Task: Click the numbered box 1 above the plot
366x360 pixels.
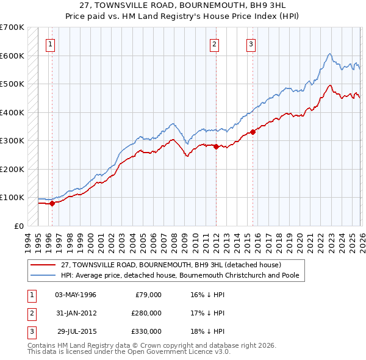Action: coord(50,43)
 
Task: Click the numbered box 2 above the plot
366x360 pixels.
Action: coord(215,43)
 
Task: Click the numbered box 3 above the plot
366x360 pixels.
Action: coord(251,43)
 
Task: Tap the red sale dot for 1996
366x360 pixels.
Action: coord(52,204)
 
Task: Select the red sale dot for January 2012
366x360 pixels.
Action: coord(215,146)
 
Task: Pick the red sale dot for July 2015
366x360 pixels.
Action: coord(253,132)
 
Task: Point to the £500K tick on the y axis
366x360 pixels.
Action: coord(12,84)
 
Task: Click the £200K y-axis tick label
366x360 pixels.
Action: coord(12,169)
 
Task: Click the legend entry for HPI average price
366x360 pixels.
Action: coord(179,275)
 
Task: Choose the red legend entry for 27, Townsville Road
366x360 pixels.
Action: coord(171,265)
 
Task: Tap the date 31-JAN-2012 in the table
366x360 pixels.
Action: coord(76,313)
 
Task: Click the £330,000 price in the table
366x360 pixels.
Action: coord(146,331)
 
